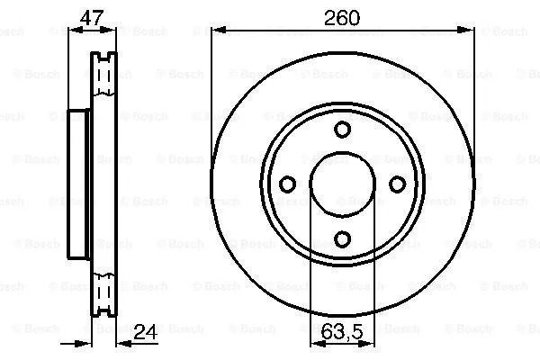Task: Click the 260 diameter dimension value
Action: click(x=342, y=18)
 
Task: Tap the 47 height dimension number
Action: click(x=92, y=18)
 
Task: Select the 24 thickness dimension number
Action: click(x=145, y=331)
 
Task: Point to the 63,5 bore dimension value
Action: click(x=342, y=331)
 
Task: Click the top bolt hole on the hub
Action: click(x=342, y=130)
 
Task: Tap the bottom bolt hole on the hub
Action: click(x=342, y=239)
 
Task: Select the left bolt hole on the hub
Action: click(x=287, y=184)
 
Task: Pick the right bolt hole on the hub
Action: click(x=398, y=184)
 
